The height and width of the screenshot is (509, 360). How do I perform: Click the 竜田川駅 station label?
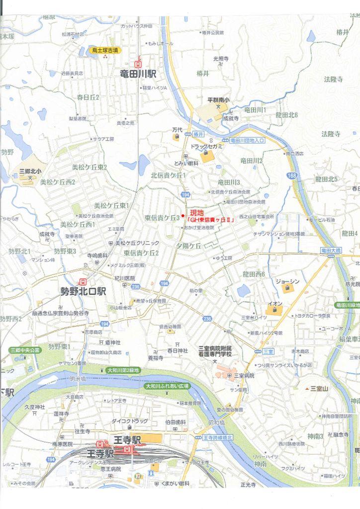138,74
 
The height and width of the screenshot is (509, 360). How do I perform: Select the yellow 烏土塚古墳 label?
104,50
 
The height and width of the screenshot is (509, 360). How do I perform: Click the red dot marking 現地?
183,215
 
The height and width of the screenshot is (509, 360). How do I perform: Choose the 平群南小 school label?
218,100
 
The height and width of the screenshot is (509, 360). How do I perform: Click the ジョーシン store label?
288,281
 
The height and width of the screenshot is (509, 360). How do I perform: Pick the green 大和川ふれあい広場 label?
167,386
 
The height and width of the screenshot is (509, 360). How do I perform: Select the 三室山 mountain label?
320,388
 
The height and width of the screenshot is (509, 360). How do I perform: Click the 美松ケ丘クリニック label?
137,243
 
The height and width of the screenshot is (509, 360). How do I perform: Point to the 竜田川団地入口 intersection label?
247,141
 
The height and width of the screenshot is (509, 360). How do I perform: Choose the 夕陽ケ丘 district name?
188,246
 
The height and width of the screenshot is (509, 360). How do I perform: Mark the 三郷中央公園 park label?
25,350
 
